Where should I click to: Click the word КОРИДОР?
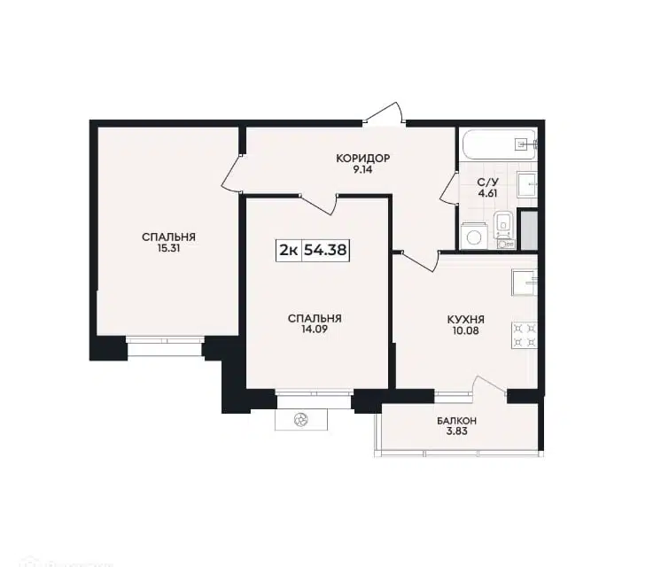[362, 159]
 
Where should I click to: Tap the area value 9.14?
[362, 170]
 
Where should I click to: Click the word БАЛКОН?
[457, 421]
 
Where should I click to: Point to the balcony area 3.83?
[457, 432]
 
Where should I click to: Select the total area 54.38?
[325, 250]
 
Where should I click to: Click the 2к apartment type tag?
[289, 250]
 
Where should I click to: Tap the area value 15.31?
[168, 249]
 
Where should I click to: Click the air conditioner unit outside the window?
[301, 419]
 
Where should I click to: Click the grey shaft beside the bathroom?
[528, 229]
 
